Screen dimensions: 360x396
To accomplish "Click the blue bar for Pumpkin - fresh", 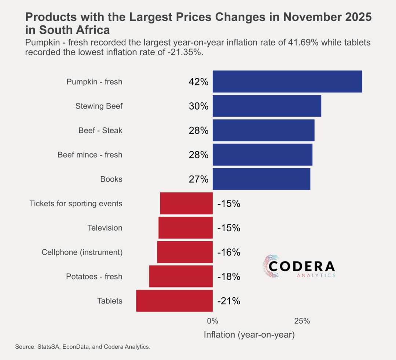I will (x=287, y=81).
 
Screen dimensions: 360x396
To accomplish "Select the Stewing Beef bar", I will (x=267, y=106).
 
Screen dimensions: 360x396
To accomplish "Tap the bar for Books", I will (x=261, y=179).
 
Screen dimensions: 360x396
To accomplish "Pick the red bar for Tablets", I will (x=174, y=301).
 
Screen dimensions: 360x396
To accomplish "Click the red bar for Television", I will (x=185, y=228).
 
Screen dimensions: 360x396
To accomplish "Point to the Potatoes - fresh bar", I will (x=181, y=276).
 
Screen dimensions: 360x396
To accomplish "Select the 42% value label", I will (x=198, y=82).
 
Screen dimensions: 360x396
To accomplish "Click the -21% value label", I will (x=229, y=301).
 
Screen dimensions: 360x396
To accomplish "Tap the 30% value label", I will (x=198, y=106).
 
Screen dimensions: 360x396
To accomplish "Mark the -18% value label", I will (x=229, y=277).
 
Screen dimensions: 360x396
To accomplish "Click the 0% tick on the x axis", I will (x=213, y=321).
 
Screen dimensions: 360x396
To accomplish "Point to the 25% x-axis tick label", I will (x=302, y=321).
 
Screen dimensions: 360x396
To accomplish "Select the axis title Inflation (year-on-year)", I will (x=249, y=335).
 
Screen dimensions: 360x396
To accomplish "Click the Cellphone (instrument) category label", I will (x=82, y=252).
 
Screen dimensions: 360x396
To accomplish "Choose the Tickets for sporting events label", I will (x=76, y=203).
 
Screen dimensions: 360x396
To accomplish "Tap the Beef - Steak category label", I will (x=100, y=131).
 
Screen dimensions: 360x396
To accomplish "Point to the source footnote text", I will (x=83, y=346).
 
